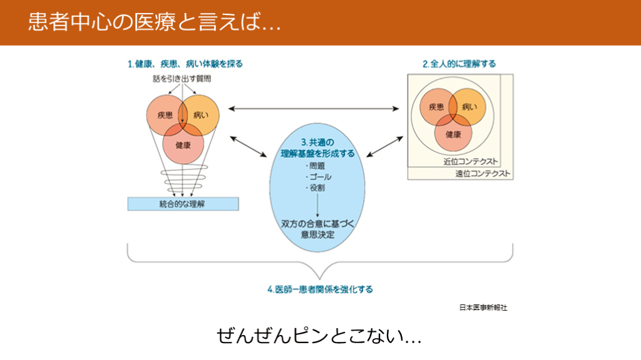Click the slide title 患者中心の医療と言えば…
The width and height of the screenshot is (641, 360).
click(x=153, y=22)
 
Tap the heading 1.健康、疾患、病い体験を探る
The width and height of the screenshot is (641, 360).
click(x=185, y=64)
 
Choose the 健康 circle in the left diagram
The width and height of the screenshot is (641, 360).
click(x=183, y=146)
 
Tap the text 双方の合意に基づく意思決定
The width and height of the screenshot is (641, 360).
click(x=317, y=229)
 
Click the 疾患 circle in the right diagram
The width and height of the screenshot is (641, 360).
click(x=436, y=107)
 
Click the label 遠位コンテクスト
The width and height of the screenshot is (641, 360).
click(x=483, y=173)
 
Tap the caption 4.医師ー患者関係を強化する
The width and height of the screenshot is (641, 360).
click(x=320, y=289)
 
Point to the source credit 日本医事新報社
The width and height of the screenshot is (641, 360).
click(x=483, y=307)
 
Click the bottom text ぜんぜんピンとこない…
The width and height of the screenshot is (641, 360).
click(x=319, y=336)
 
